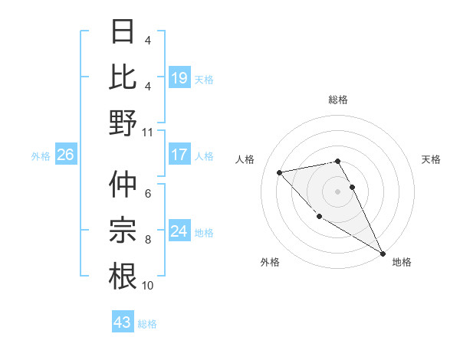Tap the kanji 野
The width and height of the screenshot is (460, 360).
(123, 123)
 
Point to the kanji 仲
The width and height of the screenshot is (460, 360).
(123, 184)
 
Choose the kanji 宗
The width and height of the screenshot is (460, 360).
(123, 230)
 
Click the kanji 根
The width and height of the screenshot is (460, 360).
(123, 276)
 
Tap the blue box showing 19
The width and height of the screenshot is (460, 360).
(179, 77)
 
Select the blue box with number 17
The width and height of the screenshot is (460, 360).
(179, 155)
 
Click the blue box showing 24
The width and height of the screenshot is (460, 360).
(179, 231)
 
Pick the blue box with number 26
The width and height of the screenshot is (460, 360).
(65, 155)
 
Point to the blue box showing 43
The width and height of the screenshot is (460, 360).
(122, 322)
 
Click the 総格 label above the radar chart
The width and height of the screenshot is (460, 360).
(337, 100)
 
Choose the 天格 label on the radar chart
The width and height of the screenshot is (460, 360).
(431, 159)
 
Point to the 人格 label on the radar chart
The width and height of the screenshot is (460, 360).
(245, 159)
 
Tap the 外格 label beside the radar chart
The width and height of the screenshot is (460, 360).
(270, 262)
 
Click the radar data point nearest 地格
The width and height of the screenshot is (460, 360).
(383, 254)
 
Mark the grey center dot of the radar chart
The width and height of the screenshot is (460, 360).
(337, 191)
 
